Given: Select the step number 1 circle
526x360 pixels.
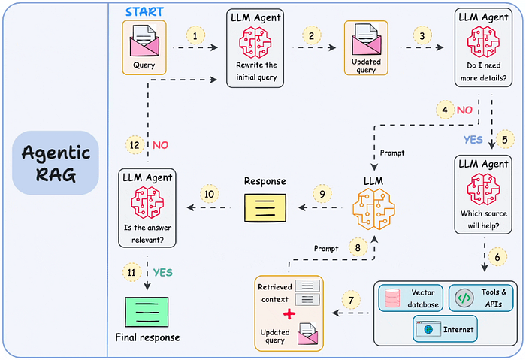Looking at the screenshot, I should tap(196, 35).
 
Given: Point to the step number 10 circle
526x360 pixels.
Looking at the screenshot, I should tap(210, 195).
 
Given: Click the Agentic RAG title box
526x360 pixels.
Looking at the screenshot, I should tap(56, 163).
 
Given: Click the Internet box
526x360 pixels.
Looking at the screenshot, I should tap(445, 328).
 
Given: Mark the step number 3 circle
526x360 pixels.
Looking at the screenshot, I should tap(425, 36).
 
